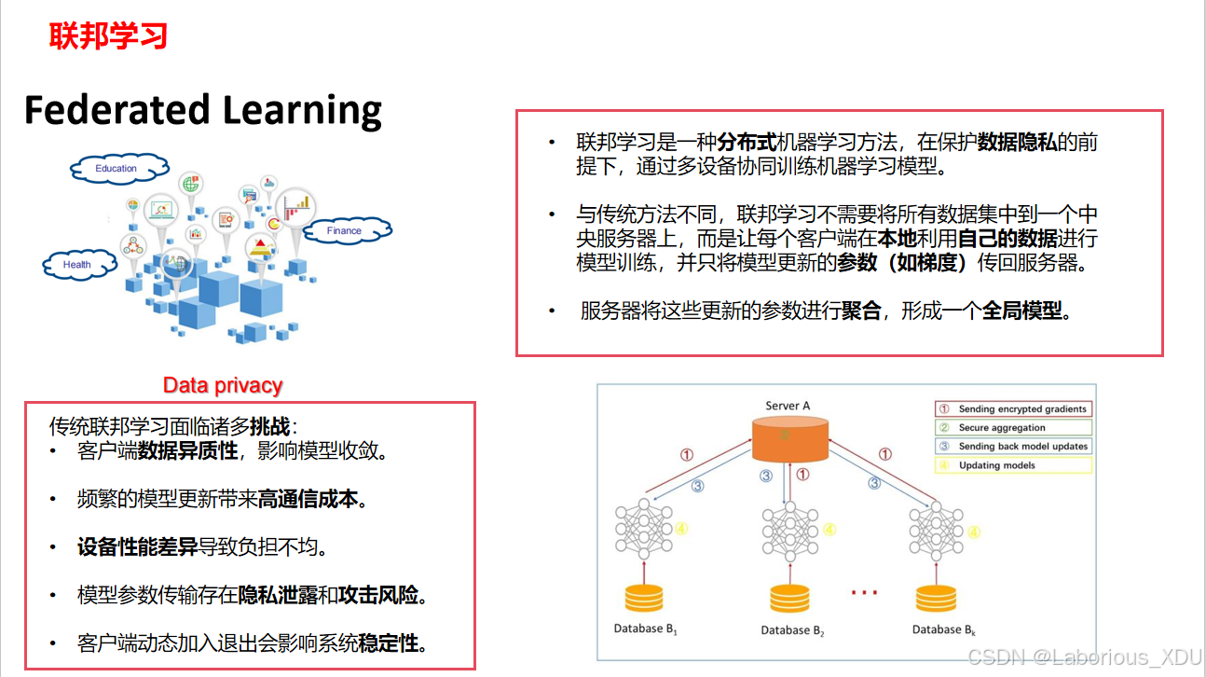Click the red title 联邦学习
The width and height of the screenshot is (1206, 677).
point(108,36)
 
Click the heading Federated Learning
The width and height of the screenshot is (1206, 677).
point(202,109)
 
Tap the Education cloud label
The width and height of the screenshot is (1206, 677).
point(116,169)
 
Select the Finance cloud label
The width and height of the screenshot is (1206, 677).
point(344,230)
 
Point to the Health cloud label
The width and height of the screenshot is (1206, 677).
point(77,265)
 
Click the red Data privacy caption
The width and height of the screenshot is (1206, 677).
point(223,385)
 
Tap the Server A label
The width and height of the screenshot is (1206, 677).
point(788,406)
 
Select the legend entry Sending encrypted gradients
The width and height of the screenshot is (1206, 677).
point(1022,409)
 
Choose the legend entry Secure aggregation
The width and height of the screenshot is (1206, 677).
point(1002,428)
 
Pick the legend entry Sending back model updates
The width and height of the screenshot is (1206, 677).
point(1022,447)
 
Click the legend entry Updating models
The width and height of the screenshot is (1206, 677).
point(996,465)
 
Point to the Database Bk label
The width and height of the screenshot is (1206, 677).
point(943,629)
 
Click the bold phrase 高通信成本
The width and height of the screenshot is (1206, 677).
point(308,499)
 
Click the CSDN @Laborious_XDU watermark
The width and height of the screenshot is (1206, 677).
point(1084,658)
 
